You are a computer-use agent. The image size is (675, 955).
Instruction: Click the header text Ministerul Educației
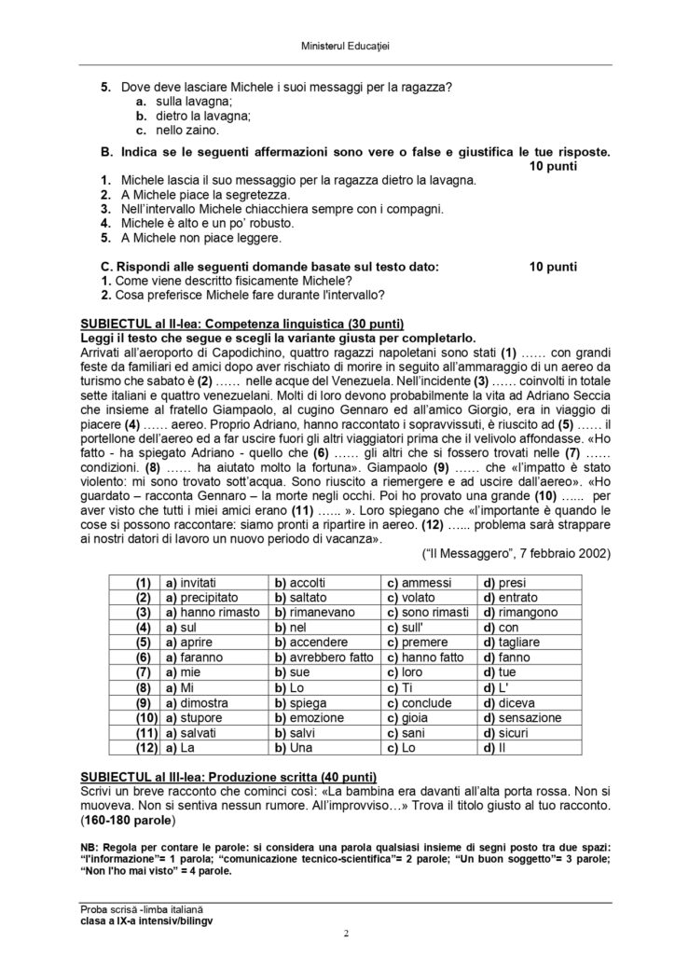click(x=337, y=45)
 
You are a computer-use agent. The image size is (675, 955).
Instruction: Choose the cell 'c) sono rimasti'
click(x=422, y=613)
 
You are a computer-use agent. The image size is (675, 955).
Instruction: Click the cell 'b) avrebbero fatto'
click(x=318, y=657)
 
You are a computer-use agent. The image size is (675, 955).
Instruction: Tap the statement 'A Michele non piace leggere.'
click(x=196, y=239)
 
